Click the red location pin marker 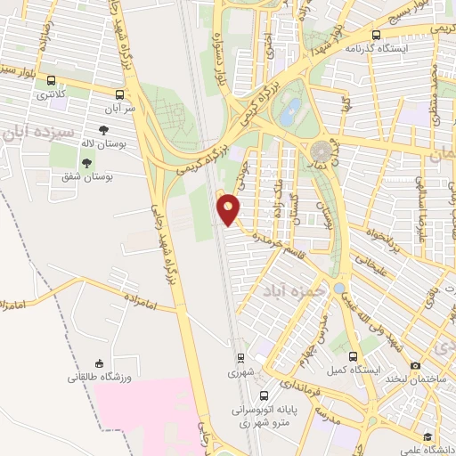(x=229, y=209)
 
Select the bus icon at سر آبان (x=119, y=93)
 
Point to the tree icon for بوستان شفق (x=86, y=162)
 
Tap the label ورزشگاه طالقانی (x=99, y=377)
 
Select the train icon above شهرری (x=240, y=358)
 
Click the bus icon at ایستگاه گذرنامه (x=376, y=35)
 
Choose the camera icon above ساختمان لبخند (x=415, y=365)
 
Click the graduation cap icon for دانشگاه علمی (x=427, y=436)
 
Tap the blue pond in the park (x=290, y=111)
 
